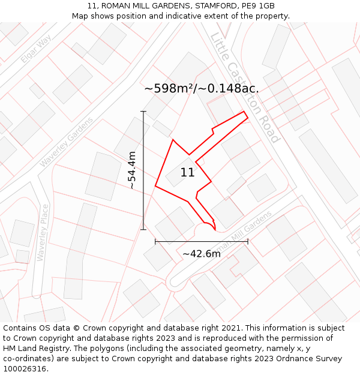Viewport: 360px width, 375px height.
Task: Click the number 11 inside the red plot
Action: [187, 173]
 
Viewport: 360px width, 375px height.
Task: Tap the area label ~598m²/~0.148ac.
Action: [202, 88]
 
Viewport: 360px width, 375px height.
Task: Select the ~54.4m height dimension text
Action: [132, 171]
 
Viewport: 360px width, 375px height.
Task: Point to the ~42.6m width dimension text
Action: [202, 254]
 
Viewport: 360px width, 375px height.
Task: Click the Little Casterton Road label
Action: [245, 88]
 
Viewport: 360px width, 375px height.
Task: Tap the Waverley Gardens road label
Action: [67, 142]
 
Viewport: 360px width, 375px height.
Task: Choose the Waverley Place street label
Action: [41, 235]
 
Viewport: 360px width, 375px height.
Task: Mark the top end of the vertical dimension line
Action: [143, 112]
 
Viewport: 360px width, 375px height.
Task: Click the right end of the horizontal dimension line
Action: [248, 242]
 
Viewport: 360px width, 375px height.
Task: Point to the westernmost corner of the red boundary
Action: [155, 186]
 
